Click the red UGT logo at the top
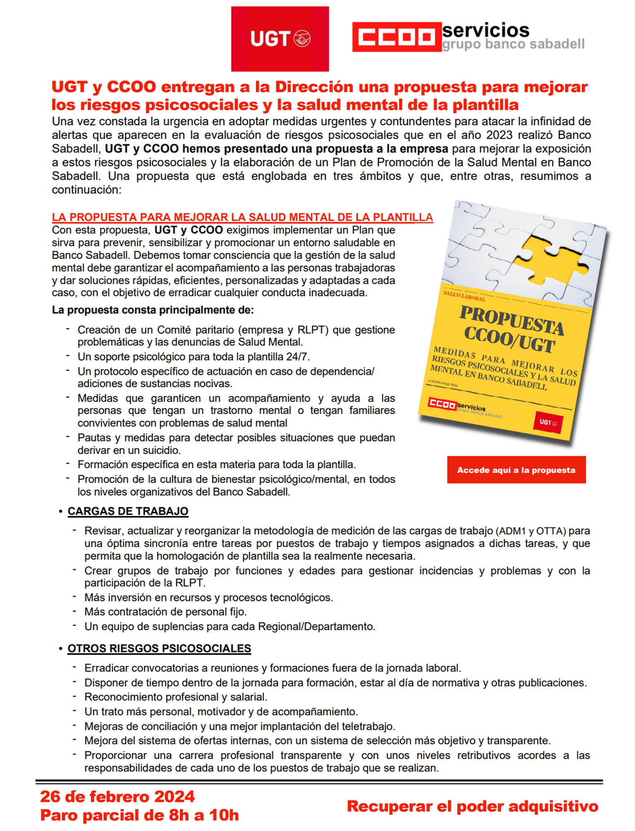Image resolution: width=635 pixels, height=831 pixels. [280, 39]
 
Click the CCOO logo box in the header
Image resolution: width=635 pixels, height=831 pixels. [396, 37]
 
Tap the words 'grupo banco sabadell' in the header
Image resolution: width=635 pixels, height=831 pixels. [513, 44]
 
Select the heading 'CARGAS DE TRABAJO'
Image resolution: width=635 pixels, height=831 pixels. [128, 511]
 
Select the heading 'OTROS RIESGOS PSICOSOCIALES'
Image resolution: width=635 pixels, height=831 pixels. [159, 648]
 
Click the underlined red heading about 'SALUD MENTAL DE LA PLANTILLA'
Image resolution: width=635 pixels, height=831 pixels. [242, 217]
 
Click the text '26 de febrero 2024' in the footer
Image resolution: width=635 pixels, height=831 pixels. [117, 797]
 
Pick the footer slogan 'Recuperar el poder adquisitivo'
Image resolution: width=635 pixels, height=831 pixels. [472, 806]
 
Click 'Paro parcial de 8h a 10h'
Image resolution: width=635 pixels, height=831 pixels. [140, 815]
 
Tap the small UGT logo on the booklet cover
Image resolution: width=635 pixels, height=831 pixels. [548, 422]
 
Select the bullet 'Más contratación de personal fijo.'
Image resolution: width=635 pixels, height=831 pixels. [166, 612]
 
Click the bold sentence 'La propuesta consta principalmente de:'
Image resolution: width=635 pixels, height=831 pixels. [153, 310]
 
